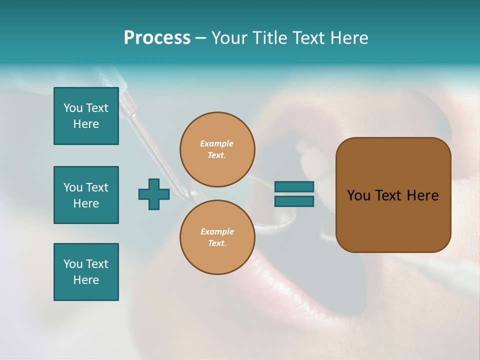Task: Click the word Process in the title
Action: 157,38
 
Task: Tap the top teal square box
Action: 86,116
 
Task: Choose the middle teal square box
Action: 86,195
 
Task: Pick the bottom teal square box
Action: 86,272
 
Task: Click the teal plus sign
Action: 154,194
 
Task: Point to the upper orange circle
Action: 217,149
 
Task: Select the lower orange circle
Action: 217,237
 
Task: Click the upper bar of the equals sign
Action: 294,186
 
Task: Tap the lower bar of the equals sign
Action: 294,201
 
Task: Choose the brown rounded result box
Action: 393,195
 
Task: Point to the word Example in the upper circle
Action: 216,143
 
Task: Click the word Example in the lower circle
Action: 217,231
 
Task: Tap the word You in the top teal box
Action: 73,108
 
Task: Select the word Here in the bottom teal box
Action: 86,280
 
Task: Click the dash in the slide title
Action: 201,38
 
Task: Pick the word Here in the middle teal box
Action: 86,203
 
